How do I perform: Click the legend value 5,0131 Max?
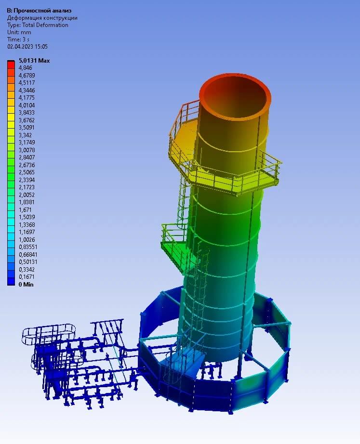[34, 61]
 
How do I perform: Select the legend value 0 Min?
[26, 284]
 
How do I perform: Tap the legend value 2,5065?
[27, 172]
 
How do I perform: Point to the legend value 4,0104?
[27, 105]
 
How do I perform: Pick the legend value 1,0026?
[27, 239]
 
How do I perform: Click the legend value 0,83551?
[28, 247]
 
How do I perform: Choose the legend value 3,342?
[25, 135]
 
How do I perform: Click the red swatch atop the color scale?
[11, 65]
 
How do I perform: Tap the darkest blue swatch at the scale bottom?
[11, 281]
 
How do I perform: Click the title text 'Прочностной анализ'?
[42, 11]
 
